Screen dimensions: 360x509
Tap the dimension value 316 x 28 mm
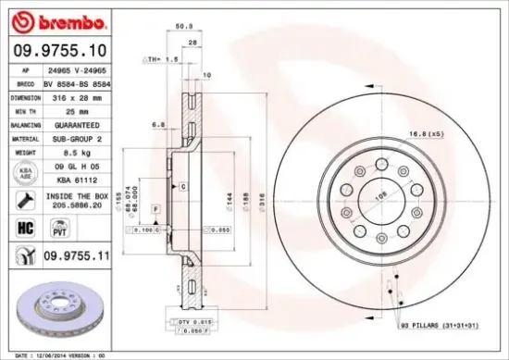[x=77, y=97]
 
